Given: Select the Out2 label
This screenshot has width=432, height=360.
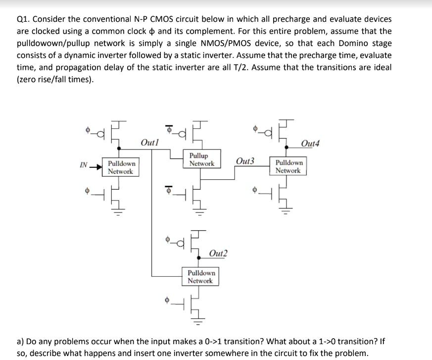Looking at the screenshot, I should coord(218,254).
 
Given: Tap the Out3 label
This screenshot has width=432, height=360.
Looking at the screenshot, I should coord(245,161).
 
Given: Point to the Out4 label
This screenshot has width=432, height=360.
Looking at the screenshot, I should coord(310,144).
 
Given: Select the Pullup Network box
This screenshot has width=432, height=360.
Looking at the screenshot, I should coord(201,159).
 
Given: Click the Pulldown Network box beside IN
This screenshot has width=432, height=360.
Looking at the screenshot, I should coord(121,167).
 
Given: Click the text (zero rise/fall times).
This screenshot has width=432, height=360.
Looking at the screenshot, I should coord(55,79).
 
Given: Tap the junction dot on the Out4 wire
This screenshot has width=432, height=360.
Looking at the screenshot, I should coord(288,147).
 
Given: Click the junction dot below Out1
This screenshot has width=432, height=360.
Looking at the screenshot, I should coord(119,147).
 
